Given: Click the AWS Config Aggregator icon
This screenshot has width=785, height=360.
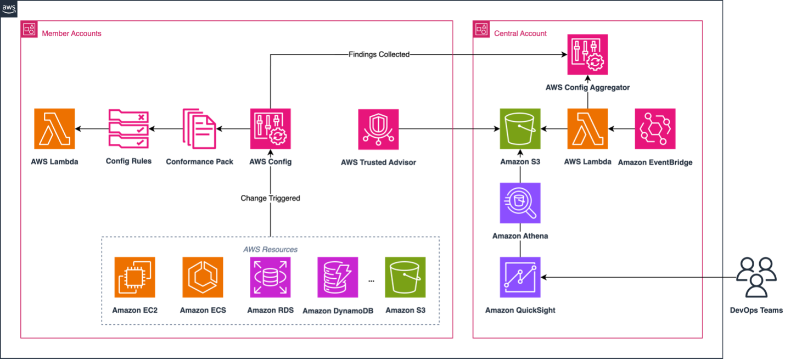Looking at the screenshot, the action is tap(587, 55).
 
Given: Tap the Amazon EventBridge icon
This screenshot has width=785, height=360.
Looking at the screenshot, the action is tap(655, 129).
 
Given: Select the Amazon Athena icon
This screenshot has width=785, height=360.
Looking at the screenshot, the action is tap(520, 203).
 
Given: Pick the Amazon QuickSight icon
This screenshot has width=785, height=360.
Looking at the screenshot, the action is tap(520, 277).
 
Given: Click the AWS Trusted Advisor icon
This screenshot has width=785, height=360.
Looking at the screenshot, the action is tap(379, 129).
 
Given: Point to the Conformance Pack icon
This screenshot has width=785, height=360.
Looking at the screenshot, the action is tap(200, 129).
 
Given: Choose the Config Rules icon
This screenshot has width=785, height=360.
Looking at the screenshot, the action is tap(128, 129).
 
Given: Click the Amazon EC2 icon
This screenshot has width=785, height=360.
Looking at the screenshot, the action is tap(135, 277).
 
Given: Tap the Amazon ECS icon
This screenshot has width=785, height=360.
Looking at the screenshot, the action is tap(203, 277).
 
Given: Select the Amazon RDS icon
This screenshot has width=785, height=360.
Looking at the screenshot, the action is tap(271, 277).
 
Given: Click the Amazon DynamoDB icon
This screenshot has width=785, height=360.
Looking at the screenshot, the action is tap(338, 277).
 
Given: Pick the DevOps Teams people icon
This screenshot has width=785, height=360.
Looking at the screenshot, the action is tap(756, 277).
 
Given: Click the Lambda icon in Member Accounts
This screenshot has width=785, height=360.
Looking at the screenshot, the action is tap(55, 129).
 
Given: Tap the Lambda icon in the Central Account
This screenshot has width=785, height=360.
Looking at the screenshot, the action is tap(587, 129).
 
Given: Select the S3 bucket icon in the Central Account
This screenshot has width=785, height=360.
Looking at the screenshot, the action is tap(520, 129).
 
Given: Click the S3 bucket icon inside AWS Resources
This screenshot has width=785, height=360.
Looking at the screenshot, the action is tap(405, 277).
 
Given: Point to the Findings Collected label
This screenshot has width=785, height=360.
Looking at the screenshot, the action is tap(379, 54).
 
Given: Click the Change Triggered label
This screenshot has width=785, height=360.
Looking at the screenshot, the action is tap(271, 198).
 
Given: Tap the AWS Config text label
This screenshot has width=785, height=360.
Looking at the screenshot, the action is tap(271, 162).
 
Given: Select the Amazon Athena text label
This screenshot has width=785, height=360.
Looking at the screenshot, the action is tap(520, 236).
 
